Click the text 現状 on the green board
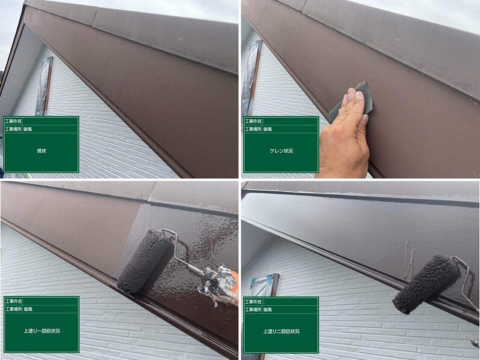coord(41,151)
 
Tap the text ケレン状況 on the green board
coord(281,151)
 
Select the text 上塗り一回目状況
coord(41,331)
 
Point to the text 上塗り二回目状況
coord(281,331)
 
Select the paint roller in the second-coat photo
coord(426,284)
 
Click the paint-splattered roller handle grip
coord(219,284)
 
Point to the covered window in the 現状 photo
coord(44,86)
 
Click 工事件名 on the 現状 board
coord(13,121)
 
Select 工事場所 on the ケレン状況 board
coord(253,129)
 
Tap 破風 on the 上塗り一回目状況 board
coord(28,309)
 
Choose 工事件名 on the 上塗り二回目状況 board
coord(253,302)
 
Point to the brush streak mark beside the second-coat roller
coord(409,257)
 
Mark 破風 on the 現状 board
coord(28,129)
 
